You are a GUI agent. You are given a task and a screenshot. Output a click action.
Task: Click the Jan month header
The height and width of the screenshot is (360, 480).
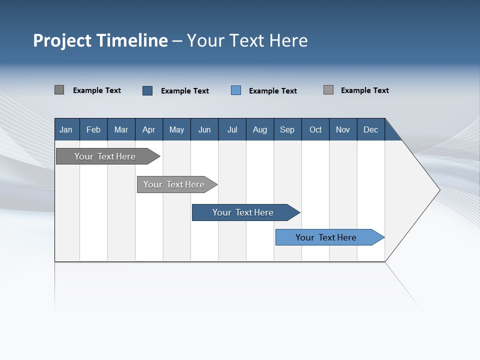click(66, 130)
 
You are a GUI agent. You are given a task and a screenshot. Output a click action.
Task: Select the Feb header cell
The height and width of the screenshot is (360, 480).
click(93, 130)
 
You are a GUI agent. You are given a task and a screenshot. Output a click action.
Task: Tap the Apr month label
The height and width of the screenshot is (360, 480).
click(148, 130)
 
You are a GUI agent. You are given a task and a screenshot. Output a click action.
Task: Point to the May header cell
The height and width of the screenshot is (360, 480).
click(176, 130)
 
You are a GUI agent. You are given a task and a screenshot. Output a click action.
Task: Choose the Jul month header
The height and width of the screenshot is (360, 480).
click(232, 130)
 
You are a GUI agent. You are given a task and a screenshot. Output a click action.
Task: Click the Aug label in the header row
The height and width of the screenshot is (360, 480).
click(260, 130)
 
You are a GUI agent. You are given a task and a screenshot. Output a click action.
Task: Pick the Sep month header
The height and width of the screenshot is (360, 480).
click(287, 130)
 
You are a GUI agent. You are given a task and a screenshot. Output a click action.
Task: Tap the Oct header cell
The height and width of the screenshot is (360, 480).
click(315, 130)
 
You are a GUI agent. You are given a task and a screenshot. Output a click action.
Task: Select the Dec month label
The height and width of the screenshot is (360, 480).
click(370, 130)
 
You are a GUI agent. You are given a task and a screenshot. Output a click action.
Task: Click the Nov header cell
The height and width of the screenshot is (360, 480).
click(343, 130)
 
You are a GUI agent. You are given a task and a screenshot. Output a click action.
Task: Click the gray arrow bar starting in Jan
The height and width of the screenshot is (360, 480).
click(105, 156)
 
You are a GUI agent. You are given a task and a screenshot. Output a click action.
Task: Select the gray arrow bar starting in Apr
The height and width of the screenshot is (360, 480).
click(174, 184)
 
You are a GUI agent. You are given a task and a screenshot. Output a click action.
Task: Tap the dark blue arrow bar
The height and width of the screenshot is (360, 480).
click(243, 212)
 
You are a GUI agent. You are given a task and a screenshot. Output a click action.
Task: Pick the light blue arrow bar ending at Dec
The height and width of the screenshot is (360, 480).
click(326, 237)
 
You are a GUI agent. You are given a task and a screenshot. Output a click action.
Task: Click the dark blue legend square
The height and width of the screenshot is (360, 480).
click(147, 90)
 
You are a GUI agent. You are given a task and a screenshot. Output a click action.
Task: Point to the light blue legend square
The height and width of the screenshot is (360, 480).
click(236, 90)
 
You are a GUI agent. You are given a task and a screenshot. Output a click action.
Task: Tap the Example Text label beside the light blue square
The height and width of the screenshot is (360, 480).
click(273, 91)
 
